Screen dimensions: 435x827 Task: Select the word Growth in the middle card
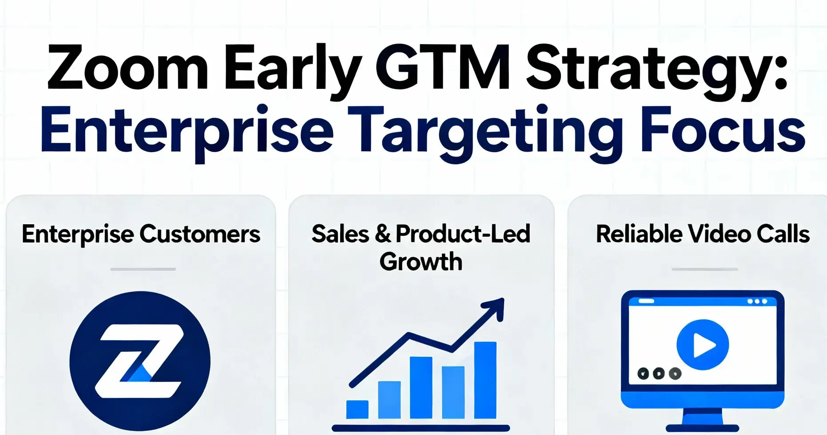421,262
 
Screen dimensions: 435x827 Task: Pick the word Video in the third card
720,234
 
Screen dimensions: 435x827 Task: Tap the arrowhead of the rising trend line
496,307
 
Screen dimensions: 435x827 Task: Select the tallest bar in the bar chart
485,380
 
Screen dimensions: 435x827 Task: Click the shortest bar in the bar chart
357,409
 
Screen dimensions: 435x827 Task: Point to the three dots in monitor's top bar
757,302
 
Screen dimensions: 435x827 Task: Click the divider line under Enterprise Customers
143,269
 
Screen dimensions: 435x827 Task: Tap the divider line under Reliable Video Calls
704,269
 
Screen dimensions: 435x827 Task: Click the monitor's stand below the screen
702,420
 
